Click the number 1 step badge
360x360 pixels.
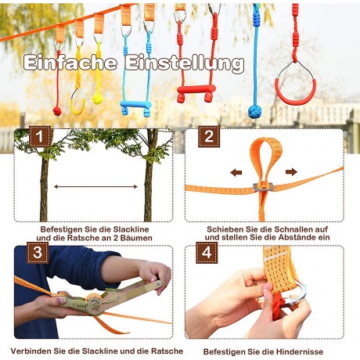click(x=41, y=138)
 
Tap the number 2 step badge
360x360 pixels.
click(x=207, y=138)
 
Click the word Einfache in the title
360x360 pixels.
click(x=71, y=63)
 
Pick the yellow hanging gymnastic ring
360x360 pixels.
click(x=78, y=99)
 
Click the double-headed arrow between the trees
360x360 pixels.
click(x=96, y=187)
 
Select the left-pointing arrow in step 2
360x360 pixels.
click(x=236, y=171)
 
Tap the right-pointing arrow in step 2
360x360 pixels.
click(x=291, y=171)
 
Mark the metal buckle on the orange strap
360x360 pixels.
click(x=265, y=186)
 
